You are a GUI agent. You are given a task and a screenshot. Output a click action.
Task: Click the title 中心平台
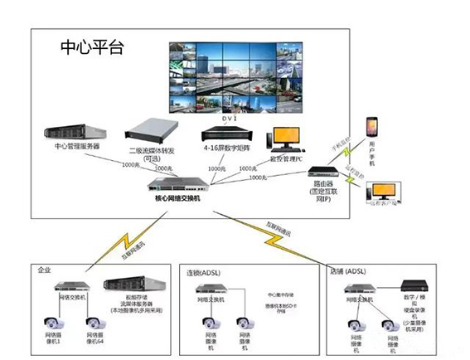(92, 46)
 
